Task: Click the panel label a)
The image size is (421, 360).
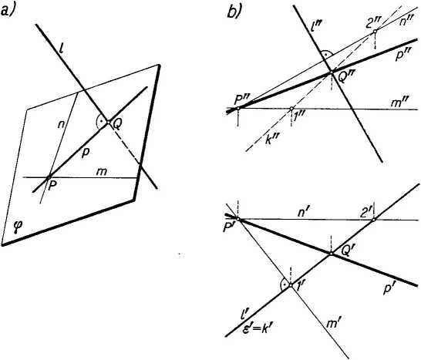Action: [x=7, y=12]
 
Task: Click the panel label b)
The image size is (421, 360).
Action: [x=234, y=12]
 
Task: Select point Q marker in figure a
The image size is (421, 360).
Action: [x=108, y=122]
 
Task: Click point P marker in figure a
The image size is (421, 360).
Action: [x=49, y=177]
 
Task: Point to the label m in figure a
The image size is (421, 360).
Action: [x=102, y=171]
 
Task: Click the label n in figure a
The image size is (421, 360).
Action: [x=60, y=125]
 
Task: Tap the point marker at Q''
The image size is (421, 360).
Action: [x=332, y=72]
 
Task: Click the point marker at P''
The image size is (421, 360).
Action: [x=238, y=109]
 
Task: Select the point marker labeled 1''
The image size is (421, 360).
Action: [x=291, y=109]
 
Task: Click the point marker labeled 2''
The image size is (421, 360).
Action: [x=375, y=32]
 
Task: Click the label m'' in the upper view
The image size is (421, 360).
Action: [x=398, y=103]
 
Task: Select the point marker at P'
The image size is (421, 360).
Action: [x=238, y=220]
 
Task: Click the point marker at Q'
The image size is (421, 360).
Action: [x=332, y=254]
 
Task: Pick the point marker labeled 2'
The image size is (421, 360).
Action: [x=373, y=220]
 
